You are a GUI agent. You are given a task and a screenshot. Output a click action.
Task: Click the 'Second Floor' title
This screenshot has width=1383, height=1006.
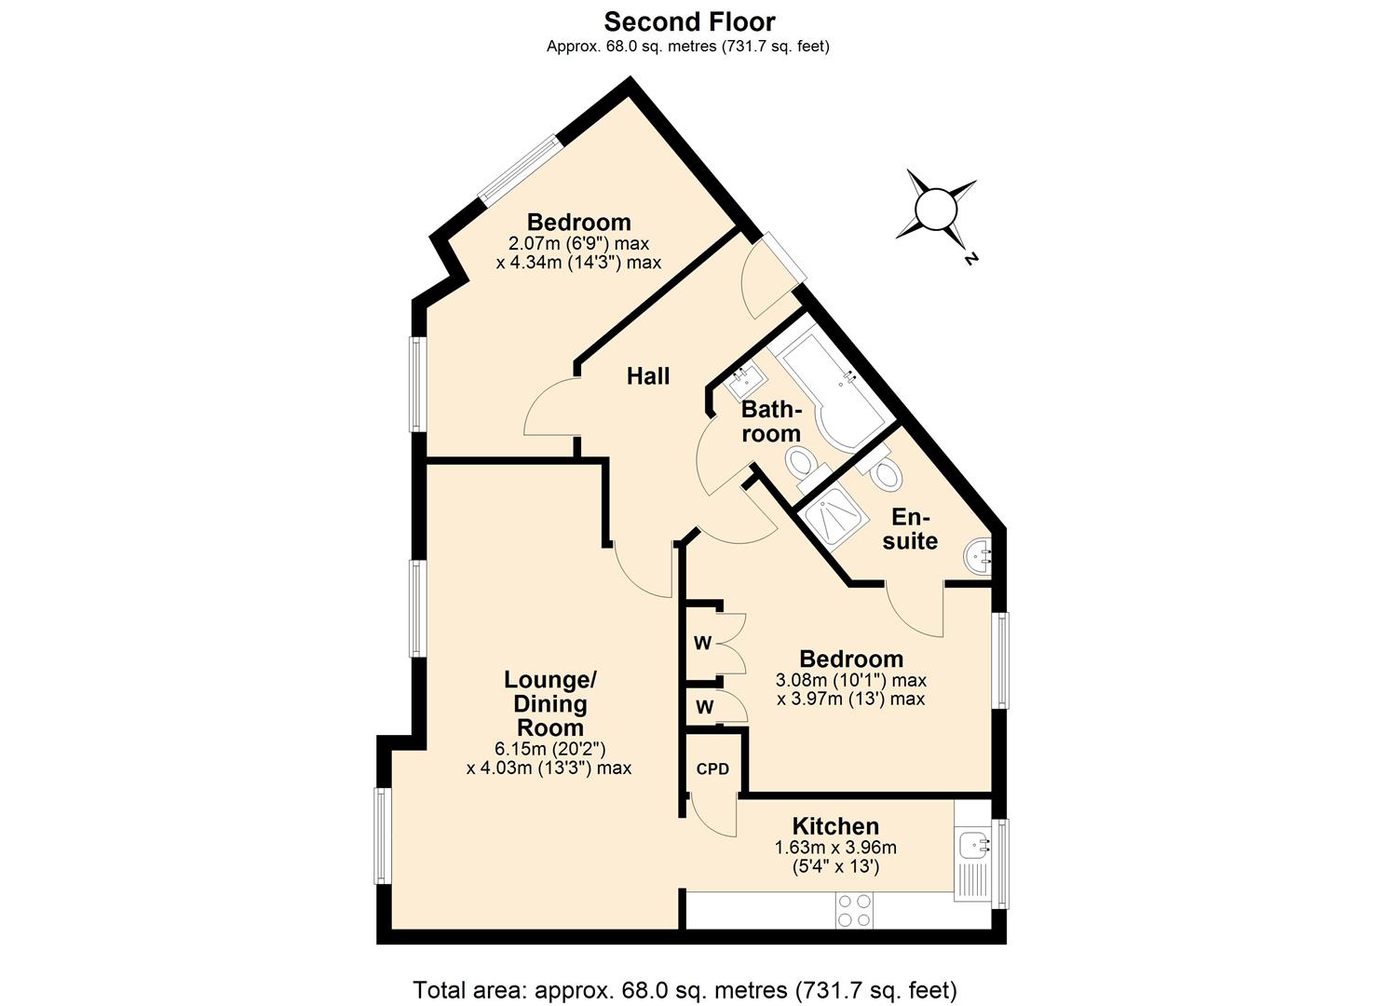[689, 20]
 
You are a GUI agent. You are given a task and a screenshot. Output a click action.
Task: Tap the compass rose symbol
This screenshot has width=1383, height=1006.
[936, 210]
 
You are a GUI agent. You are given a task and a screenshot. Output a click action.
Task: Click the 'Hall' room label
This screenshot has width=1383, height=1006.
[648, 376]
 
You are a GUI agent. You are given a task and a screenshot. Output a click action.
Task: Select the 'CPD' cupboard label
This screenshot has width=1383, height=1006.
[712, 769]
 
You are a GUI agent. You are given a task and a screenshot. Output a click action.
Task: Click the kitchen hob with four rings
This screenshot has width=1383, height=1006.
[854, 910]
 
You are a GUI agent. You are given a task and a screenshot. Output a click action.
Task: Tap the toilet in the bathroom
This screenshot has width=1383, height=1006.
[803, 465]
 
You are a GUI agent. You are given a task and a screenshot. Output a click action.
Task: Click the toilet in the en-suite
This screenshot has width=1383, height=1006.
[886, 472]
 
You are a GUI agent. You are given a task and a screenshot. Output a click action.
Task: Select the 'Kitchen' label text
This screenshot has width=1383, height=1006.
[835, 826]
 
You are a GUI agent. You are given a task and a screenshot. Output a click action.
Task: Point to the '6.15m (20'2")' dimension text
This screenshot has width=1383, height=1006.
[550, 749]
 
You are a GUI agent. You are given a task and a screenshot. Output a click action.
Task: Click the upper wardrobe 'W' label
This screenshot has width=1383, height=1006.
[702, 644]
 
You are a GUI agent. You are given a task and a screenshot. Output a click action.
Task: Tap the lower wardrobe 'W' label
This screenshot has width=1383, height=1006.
[704, 708]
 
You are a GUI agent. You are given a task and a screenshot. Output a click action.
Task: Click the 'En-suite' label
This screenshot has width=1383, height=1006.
[910, 529]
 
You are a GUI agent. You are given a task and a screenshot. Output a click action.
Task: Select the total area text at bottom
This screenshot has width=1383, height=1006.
[685, 989]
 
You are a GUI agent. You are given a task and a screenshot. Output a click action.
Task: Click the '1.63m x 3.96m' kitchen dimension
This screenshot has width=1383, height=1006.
[835, 848]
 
